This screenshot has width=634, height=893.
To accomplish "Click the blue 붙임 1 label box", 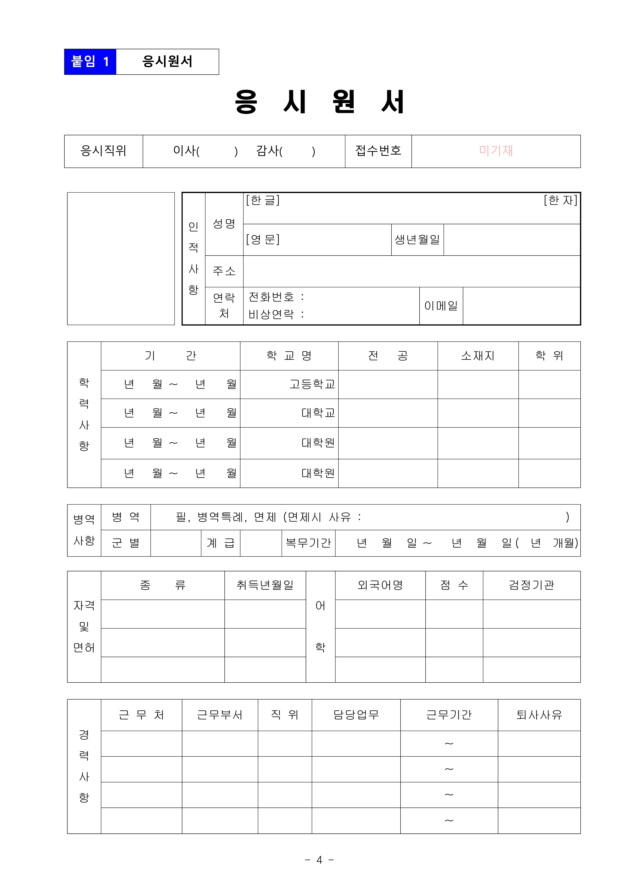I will point(90,62).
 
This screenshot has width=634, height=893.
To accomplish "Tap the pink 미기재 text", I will point(496,151).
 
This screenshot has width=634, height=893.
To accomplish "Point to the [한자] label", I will point(560,200).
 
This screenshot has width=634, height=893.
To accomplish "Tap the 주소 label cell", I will point(224,271).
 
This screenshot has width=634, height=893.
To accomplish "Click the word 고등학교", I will point(312,384).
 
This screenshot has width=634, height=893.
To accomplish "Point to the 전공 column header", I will point(388,356).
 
